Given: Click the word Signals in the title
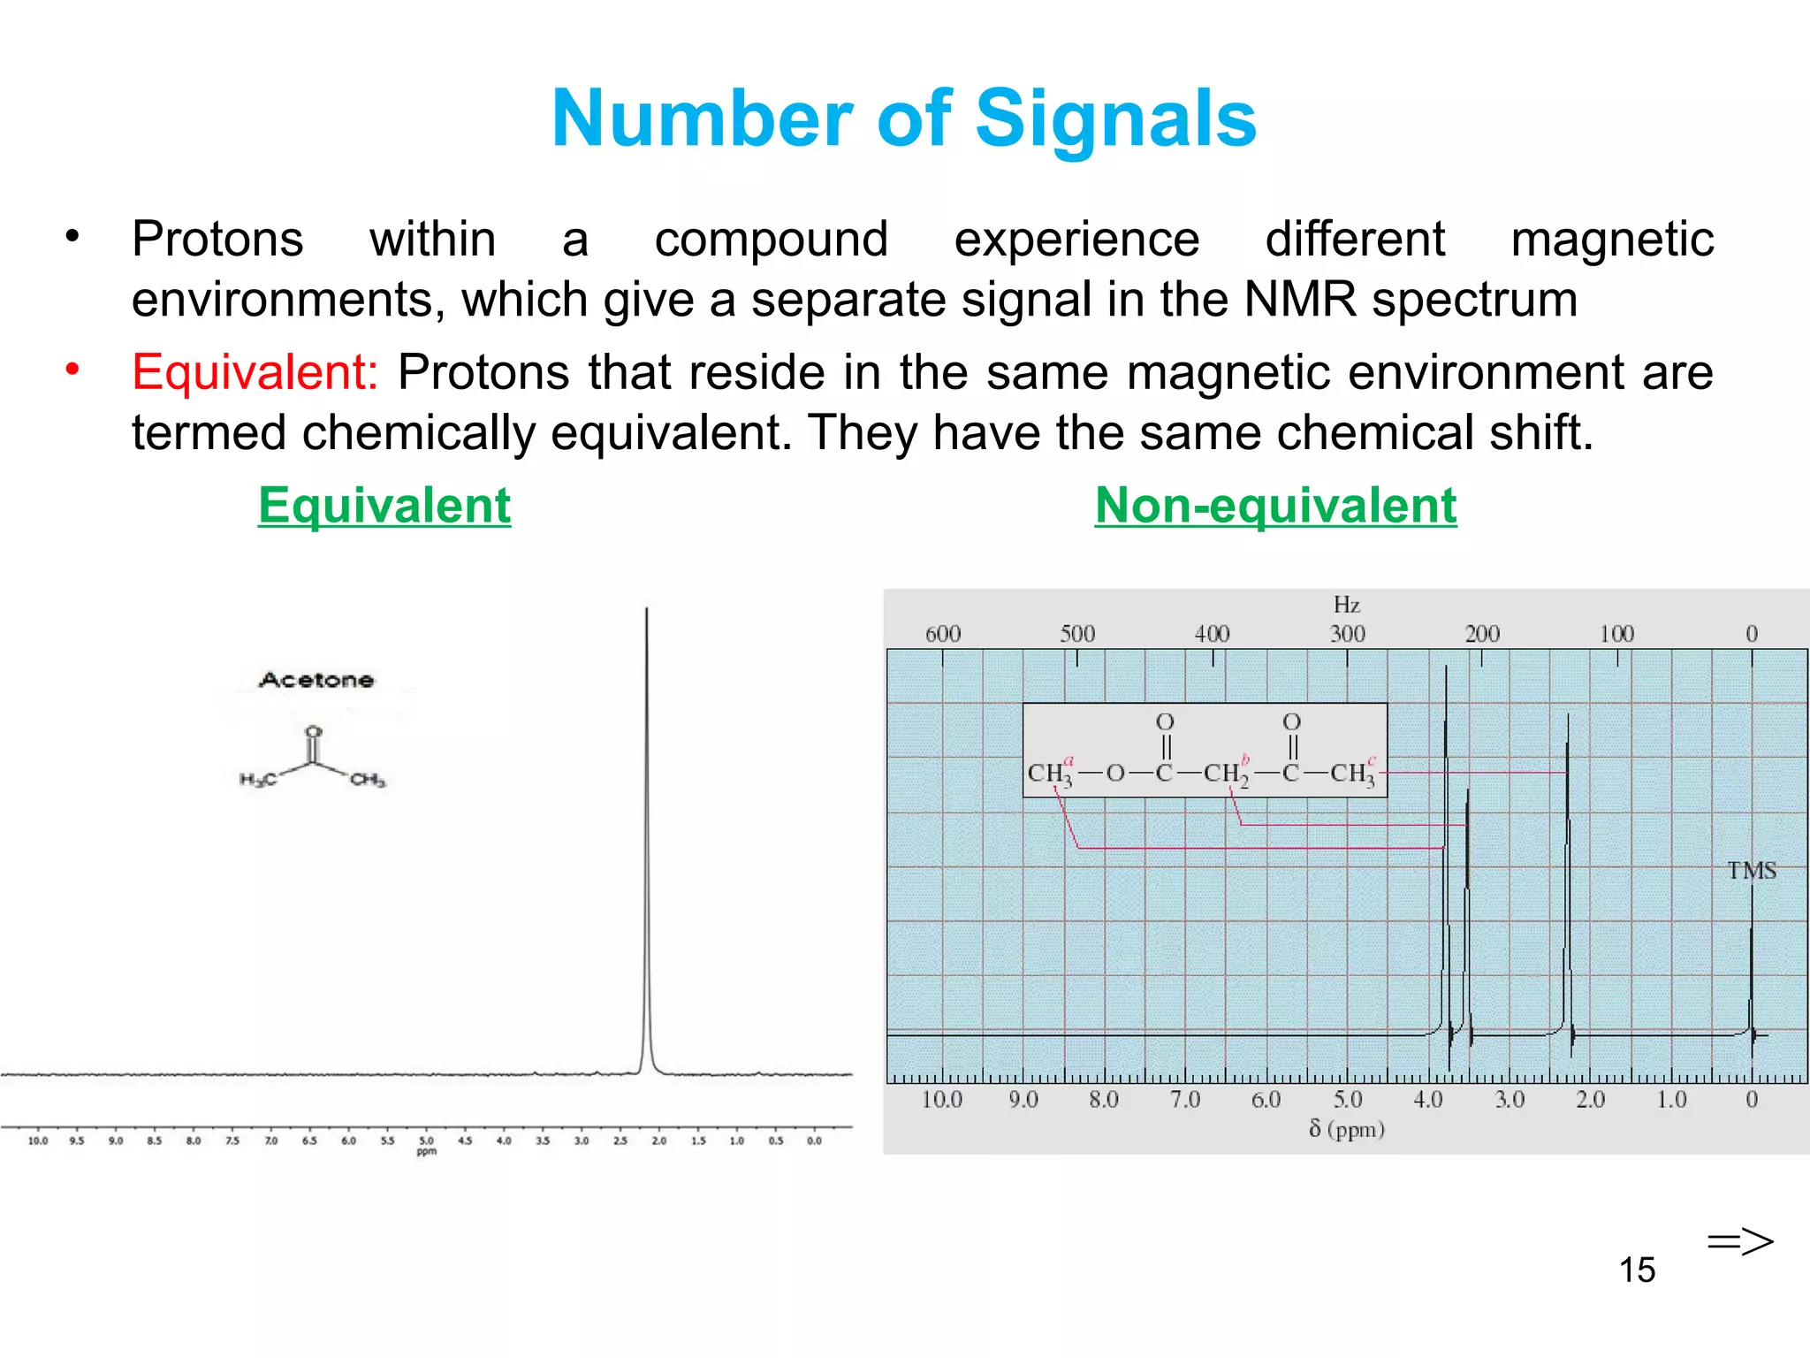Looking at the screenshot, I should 1115,118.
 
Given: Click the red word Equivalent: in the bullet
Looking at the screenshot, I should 255,371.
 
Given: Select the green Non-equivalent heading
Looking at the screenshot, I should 1275,506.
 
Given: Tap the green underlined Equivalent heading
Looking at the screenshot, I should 384,506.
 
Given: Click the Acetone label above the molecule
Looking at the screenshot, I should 316,680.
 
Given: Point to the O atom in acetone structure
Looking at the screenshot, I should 313,732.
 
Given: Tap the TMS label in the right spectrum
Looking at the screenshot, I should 1752,871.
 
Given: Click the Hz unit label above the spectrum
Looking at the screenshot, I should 1346,605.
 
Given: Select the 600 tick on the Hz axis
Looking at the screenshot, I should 942,634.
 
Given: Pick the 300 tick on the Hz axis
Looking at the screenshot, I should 1347,634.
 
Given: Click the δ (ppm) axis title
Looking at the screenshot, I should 1346,1129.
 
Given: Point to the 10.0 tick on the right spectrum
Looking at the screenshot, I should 941,1100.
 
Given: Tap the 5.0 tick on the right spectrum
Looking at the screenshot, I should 1347,1100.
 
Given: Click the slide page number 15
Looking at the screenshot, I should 1637,1270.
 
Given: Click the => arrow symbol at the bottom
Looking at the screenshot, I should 1739,1241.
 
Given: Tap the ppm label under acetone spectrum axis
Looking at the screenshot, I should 426,1151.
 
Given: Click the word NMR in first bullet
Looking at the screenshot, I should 1299,299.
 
